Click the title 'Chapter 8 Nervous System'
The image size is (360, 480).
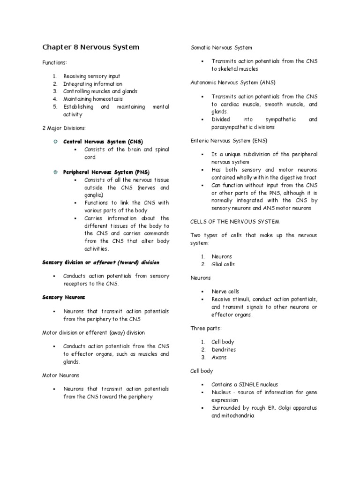tap(90, 47)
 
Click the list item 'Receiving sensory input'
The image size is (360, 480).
tap(92, 76)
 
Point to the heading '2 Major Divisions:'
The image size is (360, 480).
tap(65, 128)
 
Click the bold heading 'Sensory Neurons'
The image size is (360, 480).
tap(64, 298)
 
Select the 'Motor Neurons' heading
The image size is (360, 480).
tap(61, 375)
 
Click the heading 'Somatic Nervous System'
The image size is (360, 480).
tap(221, 48)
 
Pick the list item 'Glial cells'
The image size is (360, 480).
tap(223, 264)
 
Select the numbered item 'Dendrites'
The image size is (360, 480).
tap(224, 350)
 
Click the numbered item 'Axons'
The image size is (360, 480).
tap(219, 357)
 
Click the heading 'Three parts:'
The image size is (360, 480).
tap(206, 328)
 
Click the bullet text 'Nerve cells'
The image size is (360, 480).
tap(225, 292)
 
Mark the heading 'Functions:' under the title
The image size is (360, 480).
tap(55, 63)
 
